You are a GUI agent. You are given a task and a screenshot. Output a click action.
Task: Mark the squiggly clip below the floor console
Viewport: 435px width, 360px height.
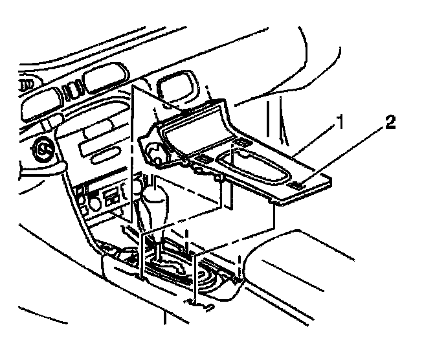tap(196, 303)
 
